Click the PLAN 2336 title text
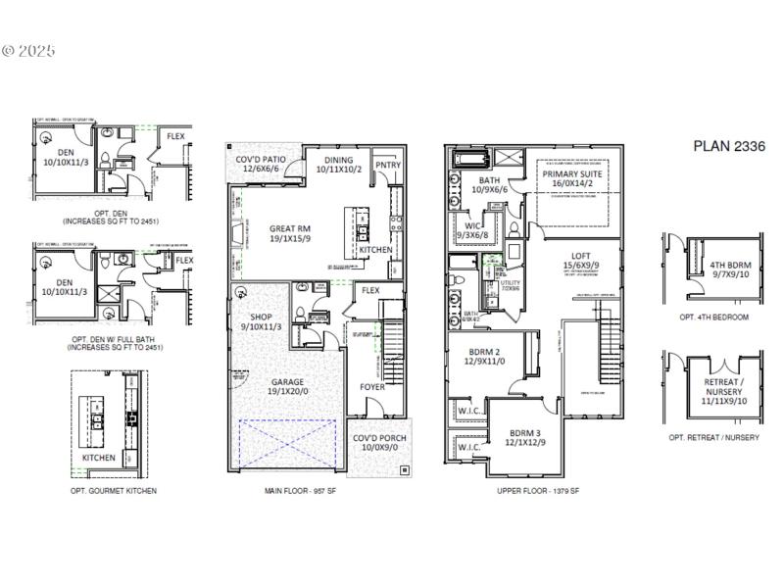tap(729, 146)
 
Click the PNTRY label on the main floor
tap(388, 166)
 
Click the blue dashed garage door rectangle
tap(289, 442)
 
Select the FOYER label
tap(372, 387)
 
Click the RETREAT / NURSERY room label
tap(726, 387)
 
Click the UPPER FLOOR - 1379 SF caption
tap(538, 490)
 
